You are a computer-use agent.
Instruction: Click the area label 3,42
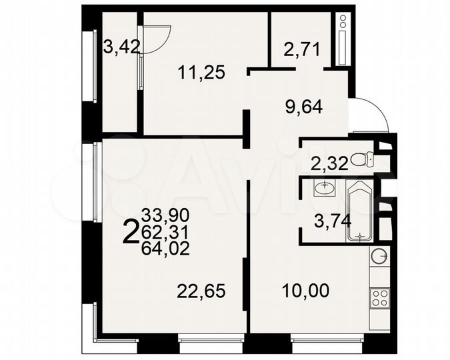[x=119, y=47]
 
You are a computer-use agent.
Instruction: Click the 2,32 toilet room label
[x=329, y=163]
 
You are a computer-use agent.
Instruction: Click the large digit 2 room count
[x=132, y=233]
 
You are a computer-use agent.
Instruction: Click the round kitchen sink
[x=379, y=255]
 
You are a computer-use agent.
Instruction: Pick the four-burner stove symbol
[x=379, y=297]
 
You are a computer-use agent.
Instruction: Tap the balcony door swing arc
[x=157, y=41]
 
